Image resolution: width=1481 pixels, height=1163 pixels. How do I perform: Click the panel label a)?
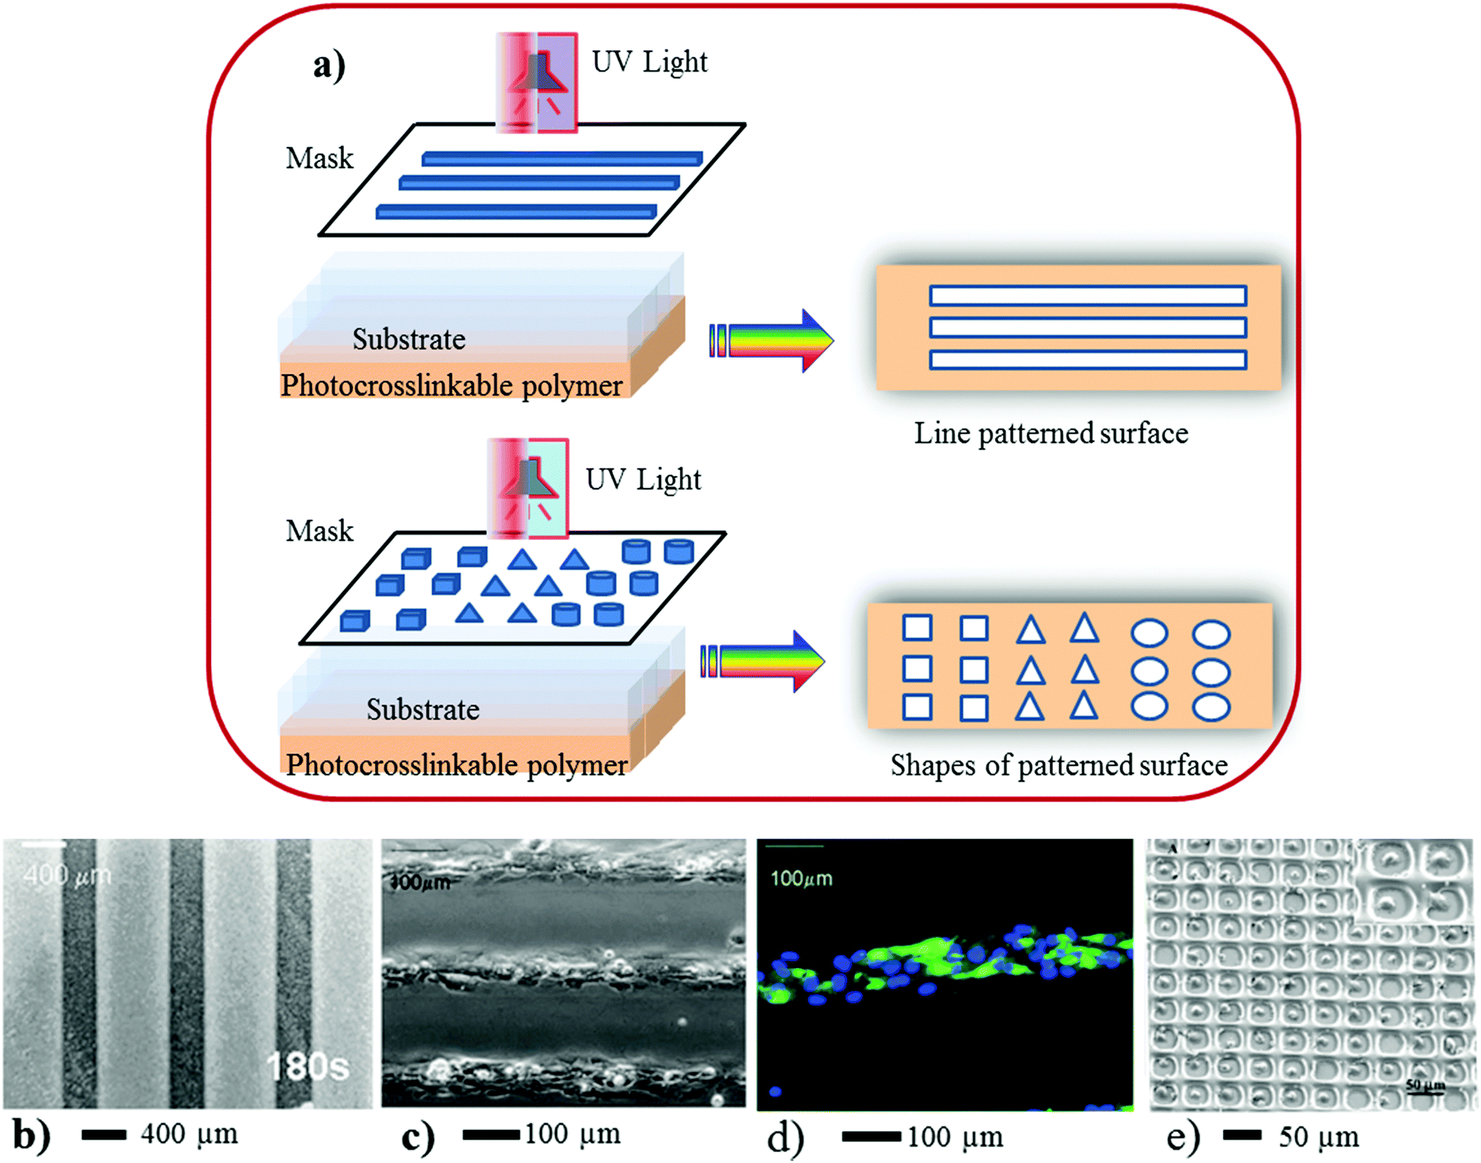coord(329,66)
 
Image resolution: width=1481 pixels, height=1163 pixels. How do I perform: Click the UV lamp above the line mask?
coord(537,81)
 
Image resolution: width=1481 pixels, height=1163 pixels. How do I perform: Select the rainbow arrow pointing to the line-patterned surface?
coord(772,340)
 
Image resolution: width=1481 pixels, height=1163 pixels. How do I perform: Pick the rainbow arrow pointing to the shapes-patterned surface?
coord(763,661)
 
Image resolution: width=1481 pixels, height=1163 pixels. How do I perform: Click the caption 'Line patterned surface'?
coord(1051,434)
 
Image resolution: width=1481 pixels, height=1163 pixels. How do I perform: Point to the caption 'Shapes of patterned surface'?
coord(1059,765)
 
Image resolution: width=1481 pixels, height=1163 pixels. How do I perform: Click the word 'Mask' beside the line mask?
coord(320,159)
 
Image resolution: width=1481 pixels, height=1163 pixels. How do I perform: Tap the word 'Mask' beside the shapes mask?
coord(320,532)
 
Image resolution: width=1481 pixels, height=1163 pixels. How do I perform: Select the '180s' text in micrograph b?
coord(308,1066)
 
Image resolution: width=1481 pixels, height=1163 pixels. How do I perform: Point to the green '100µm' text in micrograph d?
coord(801,879)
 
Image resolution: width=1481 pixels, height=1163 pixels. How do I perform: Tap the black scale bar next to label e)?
coord(1242,1135)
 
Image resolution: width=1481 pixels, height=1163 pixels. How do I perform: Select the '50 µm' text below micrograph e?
coord(1319,1137)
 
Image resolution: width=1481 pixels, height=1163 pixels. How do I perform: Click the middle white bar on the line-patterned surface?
coord(1088,328)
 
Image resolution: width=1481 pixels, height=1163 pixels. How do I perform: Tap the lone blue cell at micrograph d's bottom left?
coord(775,1091)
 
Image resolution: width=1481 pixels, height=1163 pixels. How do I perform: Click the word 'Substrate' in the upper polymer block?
coord(408,340)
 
